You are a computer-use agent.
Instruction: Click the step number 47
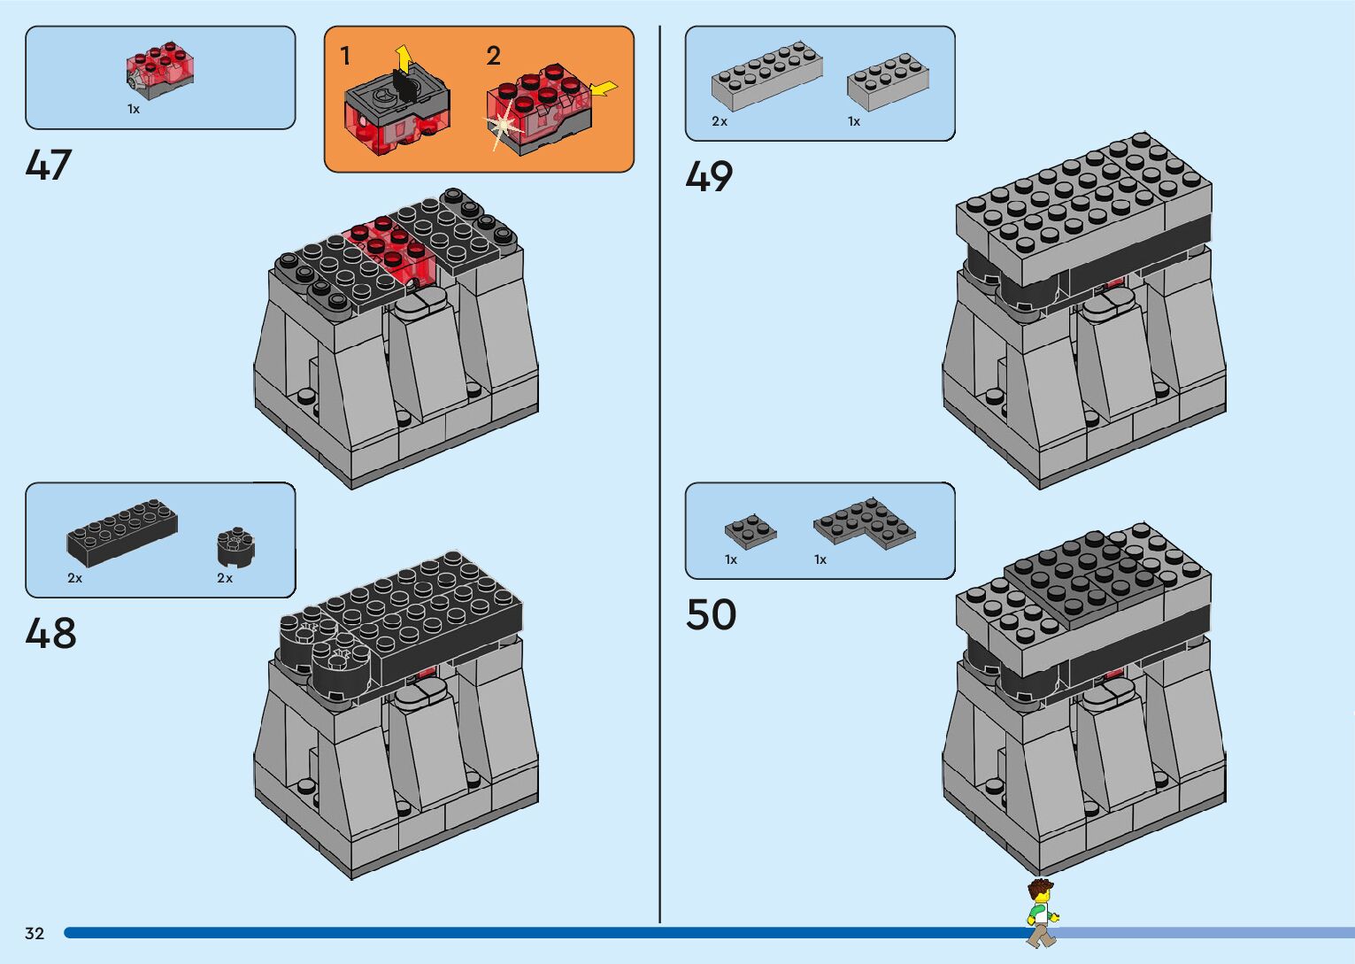click(48, 166)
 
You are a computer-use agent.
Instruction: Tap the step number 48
click(50, 634)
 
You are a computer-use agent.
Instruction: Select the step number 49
click(709, 177)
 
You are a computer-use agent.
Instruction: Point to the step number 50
click(711, 614)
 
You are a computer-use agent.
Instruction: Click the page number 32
click(35, 933)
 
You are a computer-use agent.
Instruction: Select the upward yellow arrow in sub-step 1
click(403, 58)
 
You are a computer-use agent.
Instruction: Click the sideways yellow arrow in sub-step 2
click(604, 89)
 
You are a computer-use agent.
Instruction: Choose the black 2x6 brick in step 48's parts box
click(122, 532)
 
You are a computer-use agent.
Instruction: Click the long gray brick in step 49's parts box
click(766, 76)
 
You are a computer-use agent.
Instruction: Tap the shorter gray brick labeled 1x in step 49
click(887, 81)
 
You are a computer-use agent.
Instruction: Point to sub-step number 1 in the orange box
click(345, 57)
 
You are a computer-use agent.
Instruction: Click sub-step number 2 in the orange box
click(493, 57)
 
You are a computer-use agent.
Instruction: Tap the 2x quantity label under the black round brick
click(225, 578)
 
